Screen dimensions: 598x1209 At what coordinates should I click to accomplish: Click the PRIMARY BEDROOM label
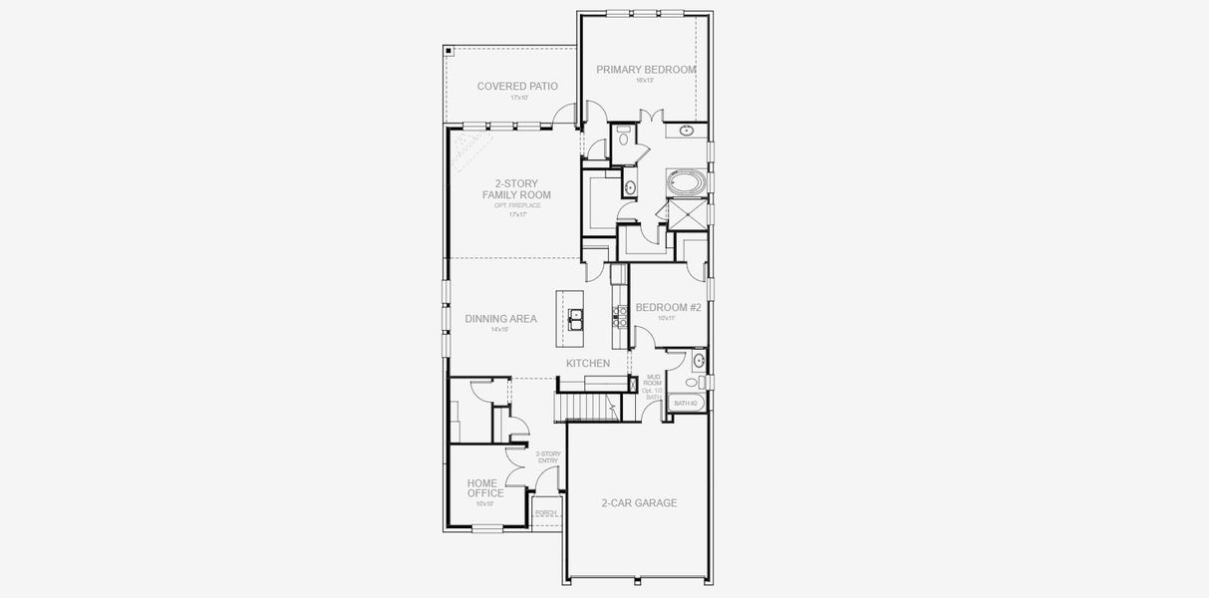coord(646,70)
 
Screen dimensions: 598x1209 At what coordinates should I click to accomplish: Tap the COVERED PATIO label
coord(517,87)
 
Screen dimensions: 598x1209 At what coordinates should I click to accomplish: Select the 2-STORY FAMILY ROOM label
coord(516,189)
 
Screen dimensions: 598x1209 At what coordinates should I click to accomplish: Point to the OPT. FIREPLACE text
coord(516,205)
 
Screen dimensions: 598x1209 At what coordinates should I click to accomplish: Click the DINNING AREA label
coord(500,319)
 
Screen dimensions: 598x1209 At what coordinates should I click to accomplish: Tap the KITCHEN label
coord(588,364)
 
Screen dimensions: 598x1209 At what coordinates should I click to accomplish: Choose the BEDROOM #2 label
coord(668,308)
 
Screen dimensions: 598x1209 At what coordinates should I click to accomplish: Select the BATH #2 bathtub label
coord(685,404)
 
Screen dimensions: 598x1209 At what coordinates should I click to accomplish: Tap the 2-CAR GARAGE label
coord(639,503)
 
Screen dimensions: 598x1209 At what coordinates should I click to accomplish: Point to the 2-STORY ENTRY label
coord(548,457)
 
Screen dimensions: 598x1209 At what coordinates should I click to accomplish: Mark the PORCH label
coord(545,513)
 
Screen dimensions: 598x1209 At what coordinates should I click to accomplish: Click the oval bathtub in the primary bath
coord(686,182)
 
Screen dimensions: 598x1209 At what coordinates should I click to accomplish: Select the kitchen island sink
coord(576,317)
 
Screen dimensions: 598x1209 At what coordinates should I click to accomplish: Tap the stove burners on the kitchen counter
coord(619,315)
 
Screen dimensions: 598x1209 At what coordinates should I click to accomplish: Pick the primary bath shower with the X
coord(686,214)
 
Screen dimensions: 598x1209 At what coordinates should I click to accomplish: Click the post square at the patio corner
coord(449,50)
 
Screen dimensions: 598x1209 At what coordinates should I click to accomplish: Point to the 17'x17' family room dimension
coord(516,214)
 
